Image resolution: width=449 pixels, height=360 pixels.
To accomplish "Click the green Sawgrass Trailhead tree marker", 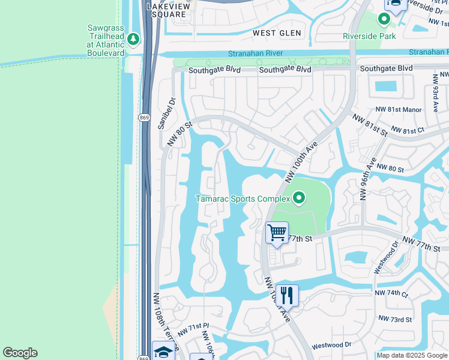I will coord(133,40).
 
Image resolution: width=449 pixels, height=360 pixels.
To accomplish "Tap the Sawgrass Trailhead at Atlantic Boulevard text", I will coord(106,40).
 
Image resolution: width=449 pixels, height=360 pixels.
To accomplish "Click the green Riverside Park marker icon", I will coord(384,20).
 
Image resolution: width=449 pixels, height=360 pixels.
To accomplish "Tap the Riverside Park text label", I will coord(369,36).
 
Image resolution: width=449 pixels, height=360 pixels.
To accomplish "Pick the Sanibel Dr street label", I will coord(165,113).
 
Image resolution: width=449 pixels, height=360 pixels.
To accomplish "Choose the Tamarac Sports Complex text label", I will coord(243,199).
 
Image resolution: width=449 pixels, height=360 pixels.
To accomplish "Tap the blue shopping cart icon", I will coord(277,232).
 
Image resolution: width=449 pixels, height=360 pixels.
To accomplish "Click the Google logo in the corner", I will coord(20,353).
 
